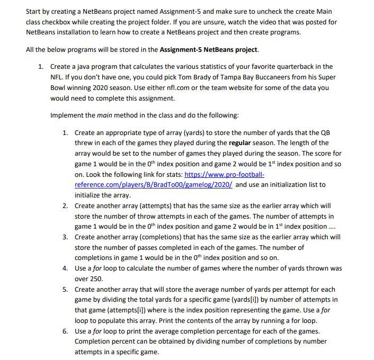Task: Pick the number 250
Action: [96, 279]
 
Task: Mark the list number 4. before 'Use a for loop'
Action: [65, 268]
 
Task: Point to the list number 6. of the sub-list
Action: [65, 331]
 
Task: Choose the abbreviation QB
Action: [328, 132]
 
